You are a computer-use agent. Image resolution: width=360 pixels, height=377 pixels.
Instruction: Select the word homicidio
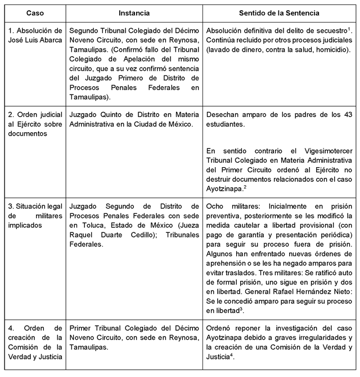[x=332, y=50]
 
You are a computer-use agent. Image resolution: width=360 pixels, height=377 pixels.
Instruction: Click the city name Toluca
[x=90, y=224]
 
